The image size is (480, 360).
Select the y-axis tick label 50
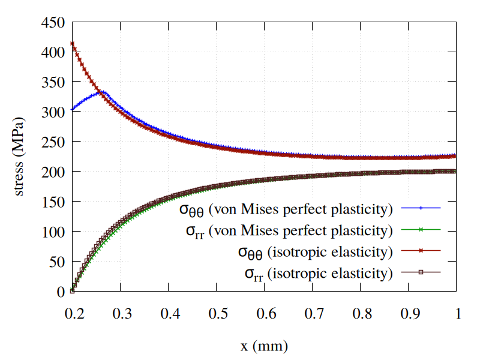coord(57,262)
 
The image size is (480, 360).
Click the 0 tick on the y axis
coord(61,292)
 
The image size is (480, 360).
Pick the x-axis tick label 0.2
coord(73,314)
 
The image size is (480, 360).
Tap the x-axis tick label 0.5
coord(217,314)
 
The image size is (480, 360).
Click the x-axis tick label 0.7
coord(313,314)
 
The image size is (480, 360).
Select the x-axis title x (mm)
coord(264,346)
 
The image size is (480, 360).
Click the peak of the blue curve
coord(103,92)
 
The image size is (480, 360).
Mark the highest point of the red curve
coord(73,43)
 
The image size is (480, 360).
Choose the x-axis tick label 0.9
coord(409,314)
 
